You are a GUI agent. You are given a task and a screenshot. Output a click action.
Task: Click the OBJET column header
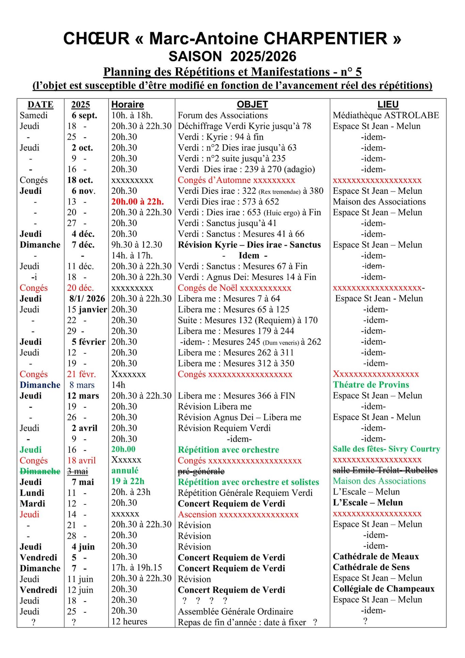252,105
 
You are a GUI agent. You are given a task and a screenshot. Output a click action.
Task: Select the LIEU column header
388,105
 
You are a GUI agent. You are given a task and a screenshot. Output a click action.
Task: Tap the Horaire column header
128,105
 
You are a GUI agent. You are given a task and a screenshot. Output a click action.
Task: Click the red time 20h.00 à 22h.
138,202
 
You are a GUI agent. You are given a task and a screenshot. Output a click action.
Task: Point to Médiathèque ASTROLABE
386,115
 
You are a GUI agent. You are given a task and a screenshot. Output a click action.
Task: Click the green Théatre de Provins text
371,385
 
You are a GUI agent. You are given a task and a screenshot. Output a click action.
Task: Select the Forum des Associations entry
223,115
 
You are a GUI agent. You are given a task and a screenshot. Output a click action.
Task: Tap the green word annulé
125,471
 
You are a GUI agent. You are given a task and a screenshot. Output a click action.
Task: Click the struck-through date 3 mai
77,471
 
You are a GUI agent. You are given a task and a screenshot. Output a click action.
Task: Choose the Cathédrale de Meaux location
376,557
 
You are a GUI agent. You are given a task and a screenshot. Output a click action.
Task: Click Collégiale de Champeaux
384,589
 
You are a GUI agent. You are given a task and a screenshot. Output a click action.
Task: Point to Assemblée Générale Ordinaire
236,612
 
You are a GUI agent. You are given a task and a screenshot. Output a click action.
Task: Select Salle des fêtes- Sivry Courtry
386,449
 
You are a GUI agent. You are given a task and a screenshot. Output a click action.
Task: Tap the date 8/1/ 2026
87,299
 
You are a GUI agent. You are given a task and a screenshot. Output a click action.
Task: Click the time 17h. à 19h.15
137,568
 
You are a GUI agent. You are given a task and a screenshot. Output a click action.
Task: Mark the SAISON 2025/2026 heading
233,57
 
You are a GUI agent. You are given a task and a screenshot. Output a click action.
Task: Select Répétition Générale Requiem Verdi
245,493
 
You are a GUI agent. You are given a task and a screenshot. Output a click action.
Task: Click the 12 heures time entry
129,622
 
